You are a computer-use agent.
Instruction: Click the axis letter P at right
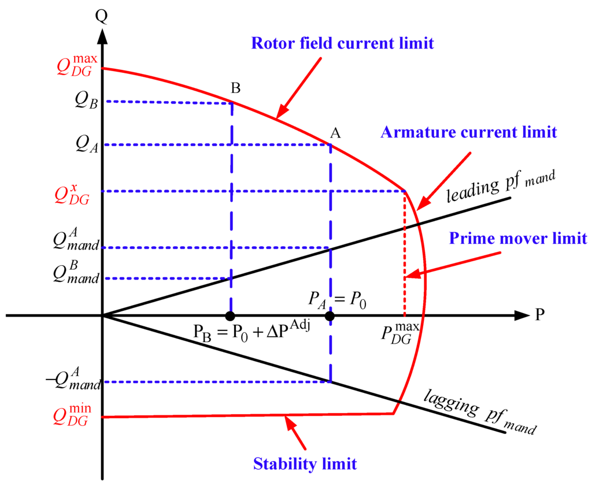(x=541, y=315)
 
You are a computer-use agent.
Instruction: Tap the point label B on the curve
(x=235, y=88)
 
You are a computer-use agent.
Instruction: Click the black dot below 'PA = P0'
(x=330, y=316)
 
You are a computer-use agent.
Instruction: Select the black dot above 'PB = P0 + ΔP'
(x=230, y=316)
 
